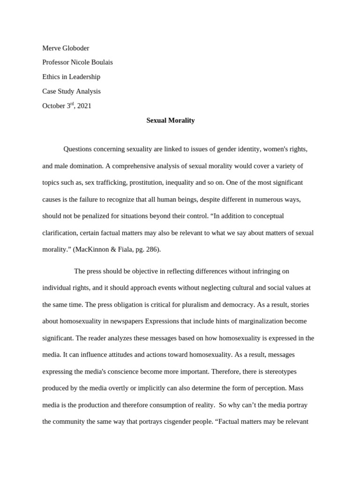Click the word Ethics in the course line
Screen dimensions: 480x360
(51, 77)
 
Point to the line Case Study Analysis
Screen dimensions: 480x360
(71, 91)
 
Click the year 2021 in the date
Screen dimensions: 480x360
(84, 106)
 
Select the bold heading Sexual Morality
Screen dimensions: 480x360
(170, 120)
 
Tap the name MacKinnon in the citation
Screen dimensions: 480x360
(91, 249)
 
